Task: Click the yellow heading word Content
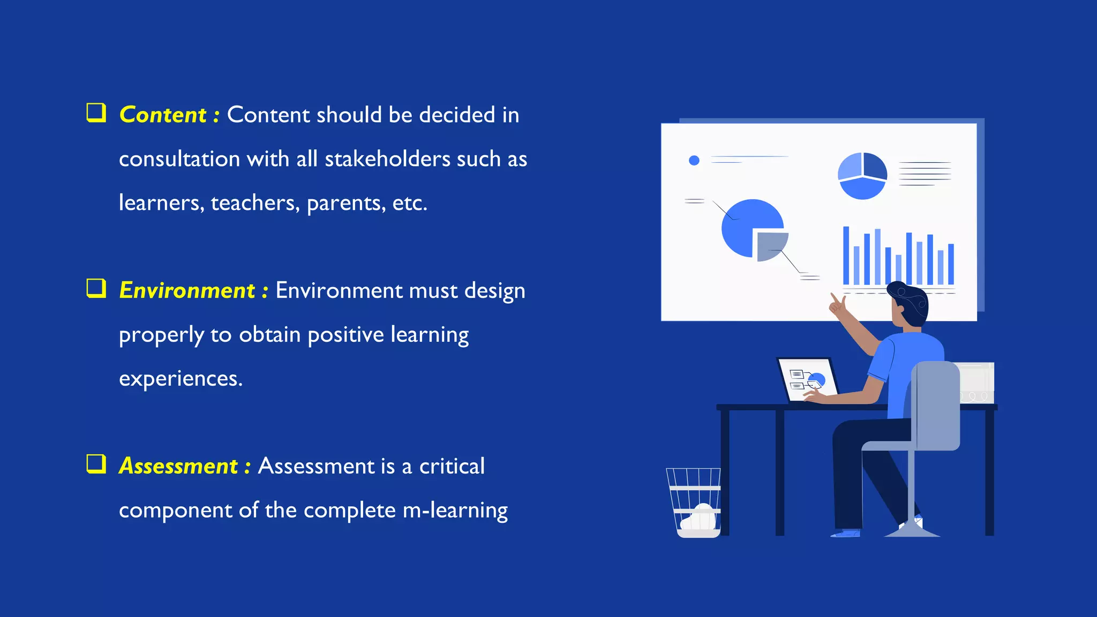(163, 115)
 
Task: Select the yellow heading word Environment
(187, 291)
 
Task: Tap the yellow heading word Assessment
(178, 466)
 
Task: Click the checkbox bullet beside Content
(96, 113)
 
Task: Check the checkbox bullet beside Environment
(96, 288)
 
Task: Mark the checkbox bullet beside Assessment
(96, 464)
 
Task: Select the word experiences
(181, 379)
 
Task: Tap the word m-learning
(455, 510)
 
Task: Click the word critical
(452, 466)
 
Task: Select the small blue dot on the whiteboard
(694, 160)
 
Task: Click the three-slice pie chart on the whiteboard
(862, 176)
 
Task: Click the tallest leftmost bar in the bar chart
(846, 255)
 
